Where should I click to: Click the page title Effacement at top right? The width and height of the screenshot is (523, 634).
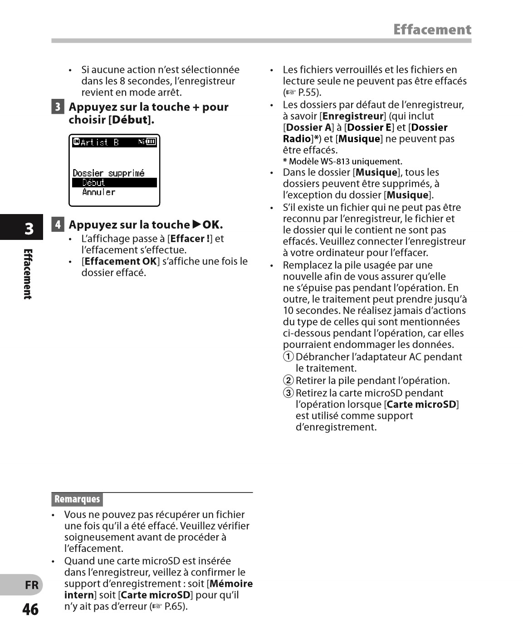(x=432, y=30)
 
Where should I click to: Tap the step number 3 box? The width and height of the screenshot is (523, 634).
(x=58, y=107)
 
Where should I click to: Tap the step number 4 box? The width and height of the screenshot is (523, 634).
(x=58, y=224)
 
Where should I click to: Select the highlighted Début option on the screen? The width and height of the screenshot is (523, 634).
(x=93, y=183)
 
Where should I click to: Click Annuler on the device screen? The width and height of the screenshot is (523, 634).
(x=98, y=192)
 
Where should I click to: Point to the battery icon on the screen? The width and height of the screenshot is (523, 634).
(x=151, y=142)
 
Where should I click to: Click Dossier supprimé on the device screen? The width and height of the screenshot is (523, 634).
(x=108, y=173)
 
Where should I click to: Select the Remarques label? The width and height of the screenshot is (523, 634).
(x=77, y=499)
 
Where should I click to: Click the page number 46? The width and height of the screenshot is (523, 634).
(x=30, y=610)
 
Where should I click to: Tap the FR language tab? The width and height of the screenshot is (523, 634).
(x=31, y=585)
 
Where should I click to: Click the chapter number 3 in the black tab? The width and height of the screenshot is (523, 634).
(x=29, y=229)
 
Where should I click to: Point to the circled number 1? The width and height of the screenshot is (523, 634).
(x=288, y=357)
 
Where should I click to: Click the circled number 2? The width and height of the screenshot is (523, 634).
(x=288, y=380)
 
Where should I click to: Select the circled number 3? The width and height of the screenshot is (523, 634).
(x=288, y=393)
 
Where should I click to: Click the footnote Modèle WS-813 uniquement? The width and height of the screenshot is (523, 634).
(x=345, y=161)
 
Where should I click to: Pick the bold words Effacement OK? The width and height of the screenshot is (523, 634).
(x=120, y=261)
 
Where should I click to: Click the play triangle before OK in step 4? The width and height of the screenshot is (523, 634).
(x=196, y=224)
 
